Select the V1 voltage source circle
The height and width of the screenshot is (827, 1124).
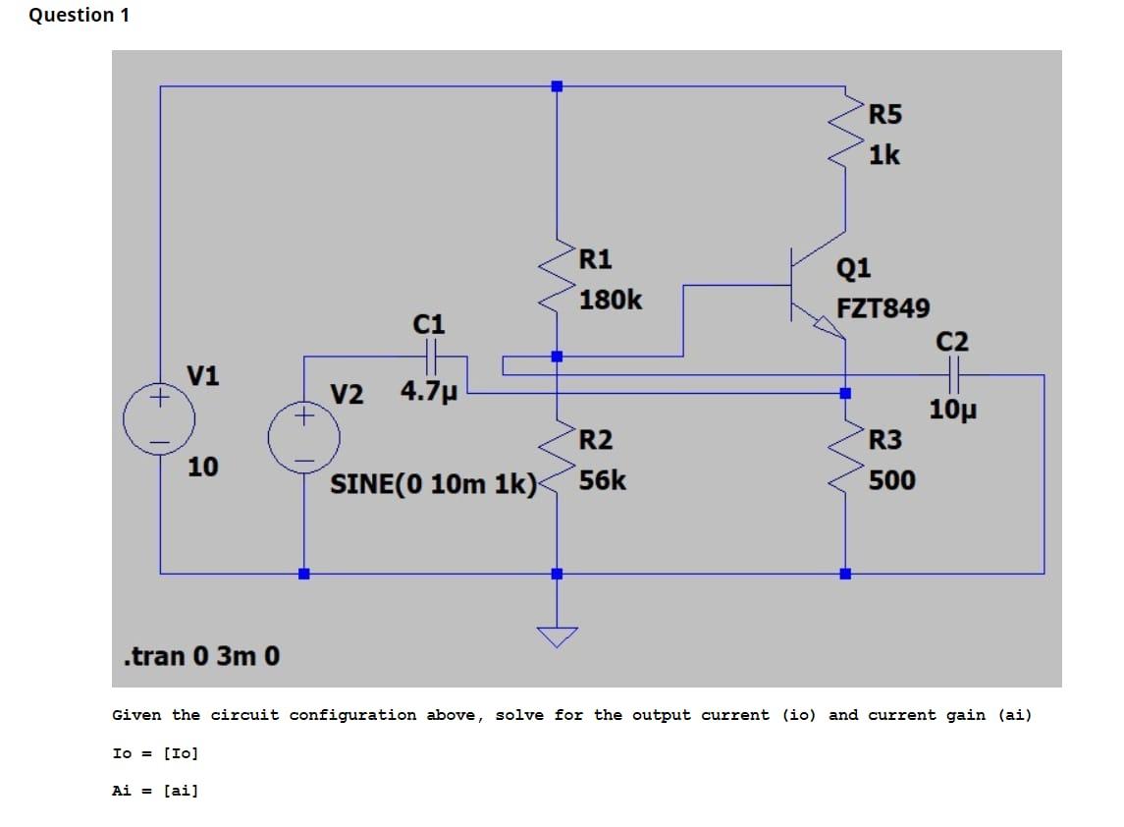tap(159, 420)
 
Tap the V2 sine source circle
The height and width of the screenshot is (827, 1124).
tap(304, 437)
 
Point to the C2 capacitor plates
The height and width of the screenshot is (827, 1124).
tap(951, 374)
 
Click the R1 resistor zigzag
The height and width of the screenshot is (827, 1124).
tap(557, 278)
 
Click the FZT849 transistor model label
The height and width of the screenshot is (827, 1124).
tap(883, 308)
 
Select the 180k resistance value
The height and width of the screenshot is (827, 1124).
tap(611, 300)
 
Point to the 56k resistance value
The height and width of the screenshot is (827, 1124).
tap(603, 480)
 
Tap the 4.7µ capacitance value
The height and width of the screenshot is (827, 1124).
tap(429, 391)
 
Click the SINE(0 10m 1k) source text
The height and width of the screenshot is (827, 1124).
tap(433, 484)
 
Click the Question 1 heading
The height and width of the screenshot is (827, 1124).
tap(79, 15)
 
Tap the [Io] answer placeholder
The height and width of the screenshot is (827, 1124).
tap(181, 753)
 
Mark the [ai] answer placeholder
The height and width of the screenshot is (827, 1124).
tap(181, 790)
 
